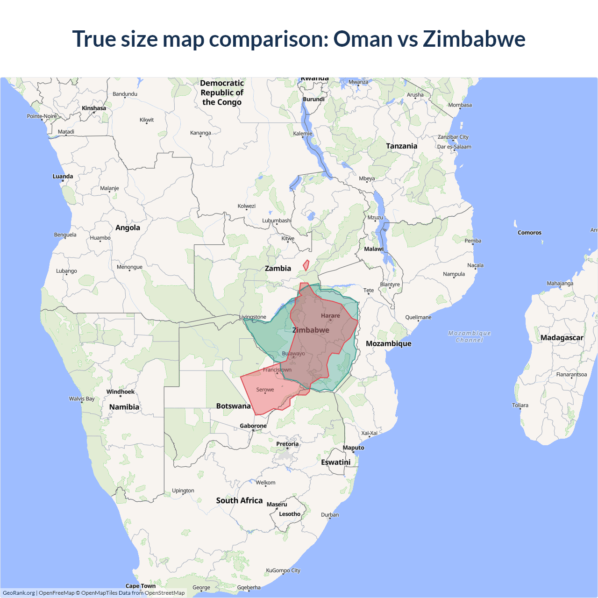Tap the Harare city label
330,316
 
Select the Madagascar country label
562,338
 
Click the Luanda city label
63,177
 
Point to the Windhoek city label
120,392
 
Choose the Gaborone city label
253,426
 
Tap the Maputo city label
353,448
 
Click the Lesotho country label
290,514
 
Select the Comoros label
529,233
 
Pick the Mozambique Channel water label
470,336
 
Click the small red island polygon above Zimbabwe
306,265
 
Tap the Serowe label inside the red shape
265,390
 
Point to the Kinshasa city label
94,108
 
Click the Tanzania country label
401,146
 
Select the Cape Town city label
141,586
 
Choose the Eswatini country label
335,462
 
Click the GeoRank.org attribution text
19,593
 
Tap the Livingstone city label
253,317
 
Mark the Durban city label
330,515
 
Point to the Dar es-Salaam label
454,147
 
